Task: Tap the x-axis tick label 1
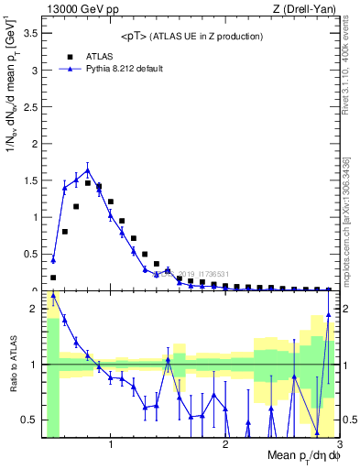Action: pos(111,444)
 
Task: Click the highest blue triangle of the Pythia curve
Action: pos(88,169)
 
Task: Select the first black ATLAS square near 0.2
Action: pos(53,277)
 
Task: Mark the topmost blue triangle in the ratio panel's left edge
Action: pos(53,296)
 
